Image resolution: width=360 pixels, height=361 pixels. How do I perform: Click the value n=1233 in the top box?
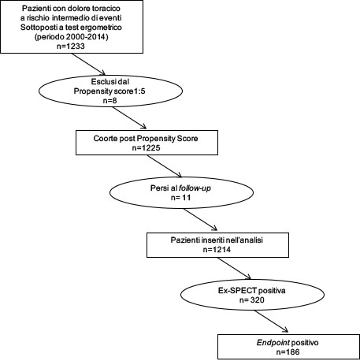click(x=71, y=47)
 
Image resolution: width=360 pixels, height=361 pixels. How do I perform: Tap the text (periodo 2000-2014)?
click(x=71, y=37)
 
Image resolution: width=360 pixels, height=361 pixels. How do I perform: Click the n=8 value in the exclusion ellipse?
click(x=110, y=100)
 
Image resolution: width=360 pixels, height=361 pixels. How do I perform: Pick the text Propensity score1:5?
click(x=109, y=91)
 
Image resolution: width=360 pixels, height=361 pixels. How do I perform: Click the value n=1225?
click(x=147, y=147)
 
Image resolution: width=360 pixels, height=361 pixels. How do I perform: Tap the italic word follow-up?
click(x=195, y=188)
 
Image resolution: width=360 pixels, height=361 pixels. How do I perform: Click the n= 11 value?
click(x=180, y=197)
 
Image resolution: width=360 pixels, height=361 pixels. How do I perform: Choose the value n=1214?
click(x=217, y=249)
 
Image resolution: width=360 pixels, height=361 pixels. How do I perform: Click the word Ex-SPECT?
click(x=237, y=291)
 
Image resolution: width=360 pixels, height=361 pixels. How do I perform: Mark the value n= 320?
click(x=252, y=300)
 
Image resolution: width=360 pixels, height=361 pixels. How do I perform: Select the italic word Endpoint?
click(x=273, y=343)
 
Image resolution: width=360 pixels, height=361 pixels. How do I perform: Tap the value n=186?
click(x=288, y=352)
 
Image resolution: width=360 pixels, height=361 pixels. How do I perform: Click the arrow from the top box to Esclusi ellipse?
click(x=88, y=64)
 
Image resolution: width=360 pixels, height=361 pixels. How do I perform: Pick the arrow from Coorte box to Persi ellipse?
click(x=165, y=166)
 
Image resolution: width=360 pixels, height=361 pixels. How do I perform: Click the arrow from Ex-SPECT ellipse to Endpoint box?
click(x=271, y=322)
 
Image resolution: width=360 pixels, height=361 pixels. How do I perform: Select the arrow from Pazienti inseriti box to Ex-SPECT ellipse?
click(x=234, y=268)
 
